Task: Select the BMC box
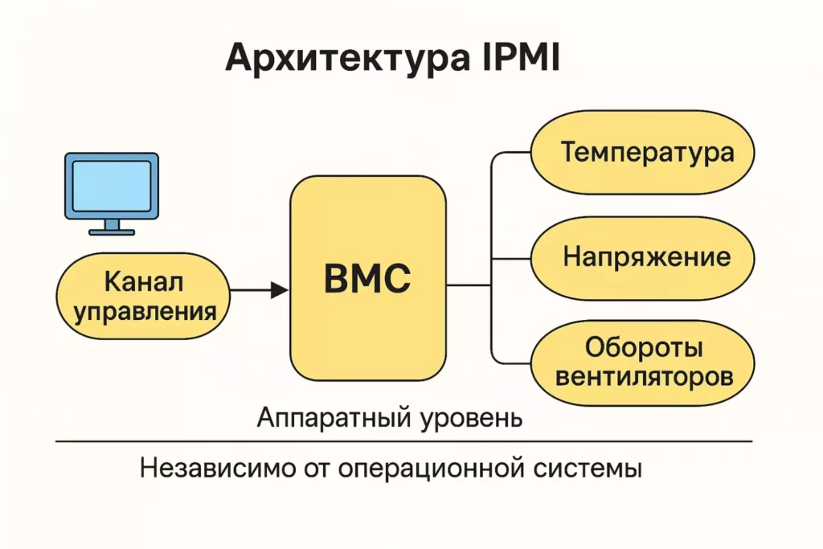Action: pyautogui.click(x=367, y=278)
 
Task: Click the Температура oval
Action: pyautogui.click(x=642, y=152)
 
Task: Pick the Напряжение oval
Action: pyautogui.click(x=642, y=257)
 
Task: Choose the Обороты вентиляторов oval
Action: pyautogui.click(x=642, y=361)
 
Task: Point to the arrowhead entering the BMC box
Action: pyautogui.click(x=280, y=289)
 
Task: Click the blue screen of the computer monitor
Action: pyautogui.click(x=112, y=185)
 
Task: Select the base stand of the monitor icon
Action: pyautogui.click(x=112, y=231)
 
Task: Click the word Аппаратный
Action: pyautogui.click(x=334, y=418)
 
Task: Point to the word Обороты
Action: pyautogui.click(x=644, y=347)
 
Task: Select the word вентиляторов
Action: pyautogui.click(x=644, y=375)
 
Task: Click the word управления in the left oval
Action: pyautogui.click(x=145, y=310)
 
